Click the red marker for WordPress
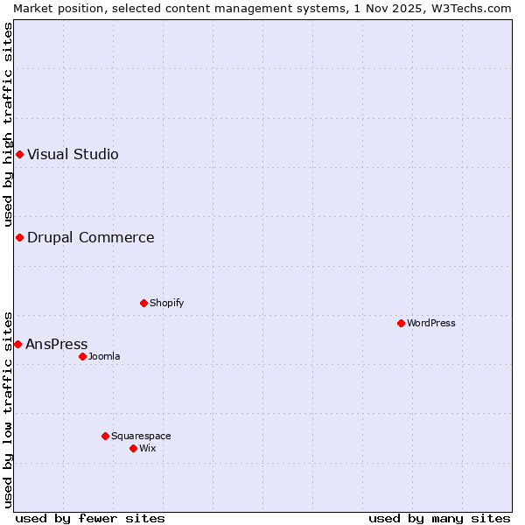401,323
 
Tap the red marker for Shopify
143,303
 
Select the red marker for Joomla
82,356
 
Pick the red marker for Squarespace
105,436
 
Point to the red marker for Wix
133,448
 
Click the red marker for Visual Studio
19,155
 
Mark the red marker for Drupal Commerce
19,237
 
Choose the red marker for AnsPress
17,344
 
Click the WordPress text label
431,323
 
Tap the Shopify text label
166,303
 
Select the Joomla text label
104,356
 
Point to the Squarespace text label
141,436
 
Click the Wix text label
148,448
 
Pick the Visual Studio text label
73,155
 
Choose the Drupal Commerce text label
90,237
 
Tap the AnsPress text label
57,344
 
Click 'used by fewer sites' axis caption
90,518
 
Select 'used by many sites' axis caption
439,518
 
